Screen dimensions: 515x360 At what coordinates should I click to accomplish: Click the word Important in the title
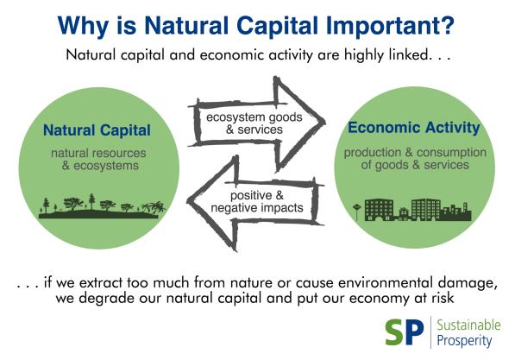point(380,26)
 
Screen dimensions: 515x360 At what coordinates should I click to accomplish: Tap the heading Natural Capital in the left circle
point(97,130)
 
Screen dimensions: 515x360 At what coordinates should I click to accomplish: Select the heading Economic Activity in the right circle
point(414,128)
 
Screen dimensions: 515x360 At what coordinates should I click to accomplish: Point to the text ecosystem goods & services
point(254,123)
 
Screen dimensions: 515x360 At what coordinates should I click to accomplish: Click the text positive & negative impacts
point(257,201)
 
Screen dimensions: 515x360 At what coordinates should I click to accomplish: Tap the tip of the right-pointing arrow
point(324,122)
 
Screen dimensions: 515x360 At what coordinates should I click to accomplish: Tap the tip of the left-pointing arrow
point(188,200)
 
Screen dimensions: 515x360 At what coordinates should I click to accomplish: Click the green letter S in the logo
point(395,332)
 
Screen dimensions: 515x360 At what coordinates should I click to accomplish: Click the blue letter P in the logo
point(415,332)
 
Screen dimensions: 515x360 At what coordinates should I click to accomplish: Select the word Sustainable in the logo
point(468,325)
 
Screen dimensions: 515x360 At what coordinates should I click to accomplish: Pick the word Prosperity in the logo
point(464,341)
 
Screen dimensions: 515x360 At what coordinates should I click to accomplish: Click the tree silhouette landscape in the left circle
point(102,207)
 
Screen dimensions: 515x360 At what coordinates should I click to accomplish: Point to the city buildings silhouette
point(413,210)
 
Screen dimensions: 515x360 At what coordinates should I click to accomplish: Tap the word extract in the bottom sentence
point(100,283)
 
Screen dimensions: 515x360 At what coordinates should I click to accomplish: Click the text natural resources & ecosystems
point(98,160)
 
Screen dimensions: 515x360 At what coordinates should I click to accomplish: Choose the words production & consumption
point(415,153)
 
